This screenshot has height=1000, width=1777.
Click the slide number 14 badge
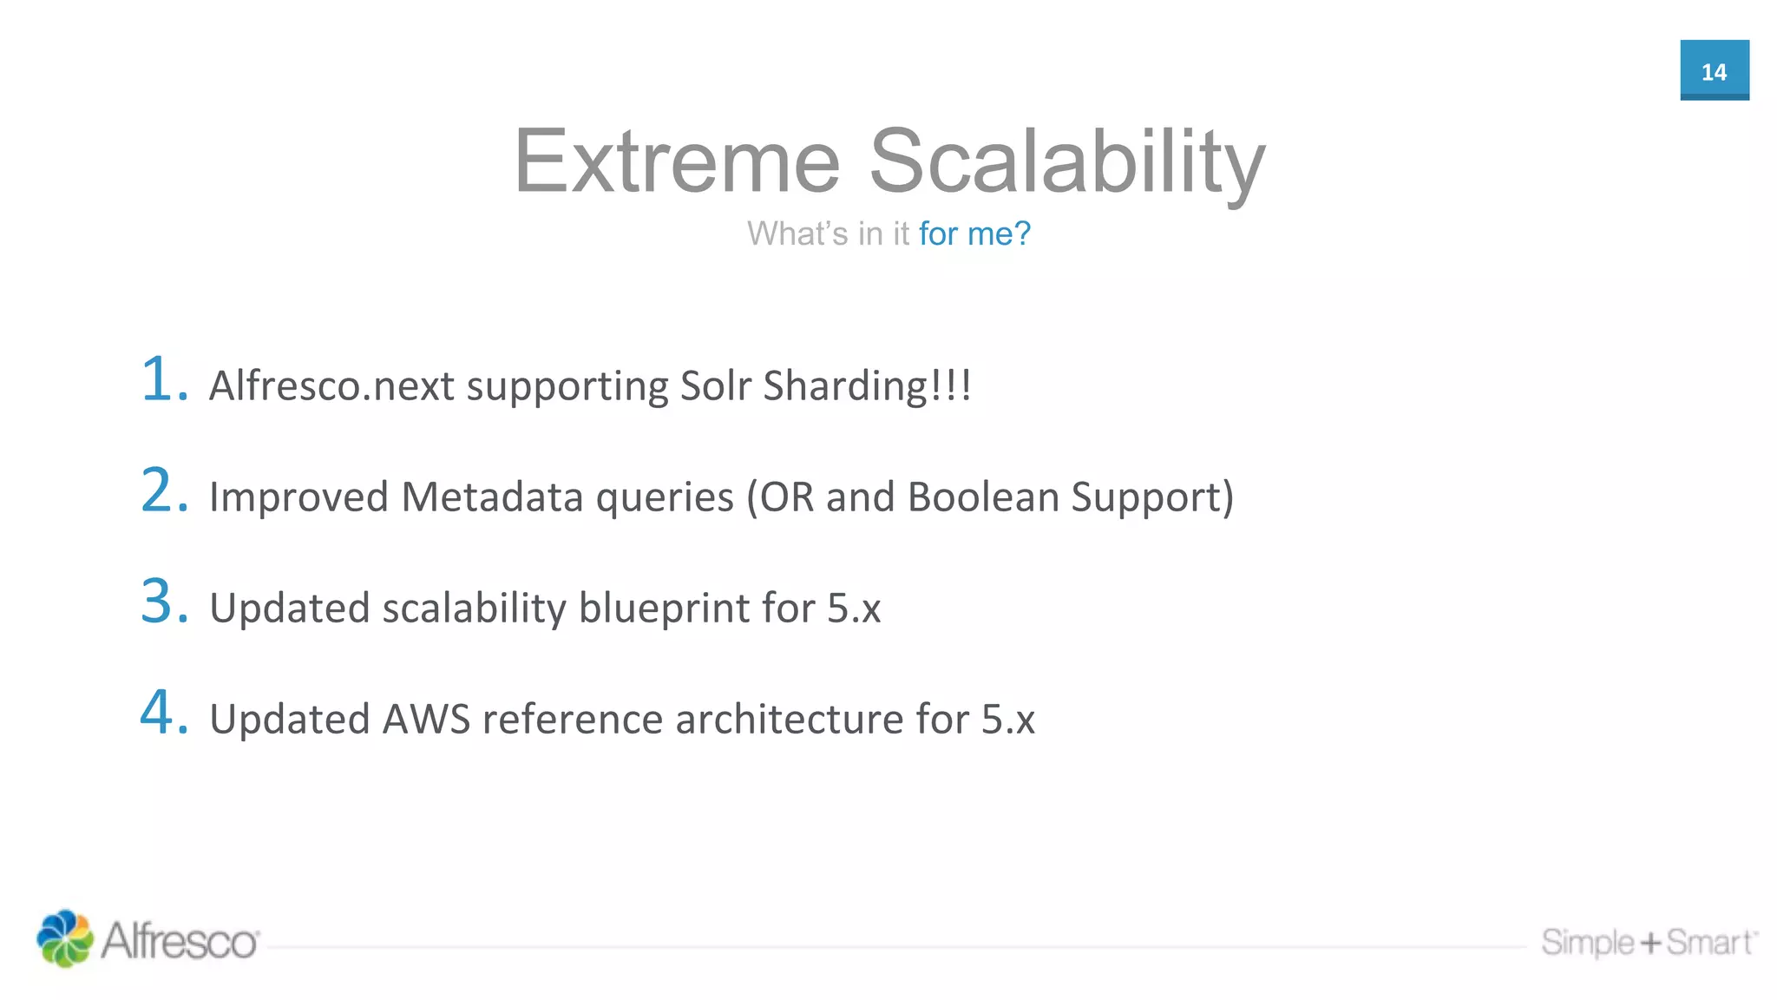(x=1714, y=70)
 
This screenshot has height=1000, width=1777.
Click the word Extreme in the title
(x=677, y=161)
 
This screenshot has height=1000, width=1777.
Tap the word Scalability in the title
(x=1066, y=163)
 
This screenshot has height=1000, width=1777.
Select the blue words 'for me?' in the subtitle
(x=974, y=234)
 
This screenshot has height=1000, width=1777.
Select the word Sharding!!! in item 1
(x=867, y=385)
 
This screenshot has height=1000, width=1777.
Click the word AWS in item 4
(x=426, y=719)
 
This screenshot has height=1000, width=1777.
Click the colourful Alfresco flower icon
(x=64, y=938)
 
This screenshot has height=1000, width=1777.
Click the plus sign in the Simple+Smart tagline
(x=1649, y=943)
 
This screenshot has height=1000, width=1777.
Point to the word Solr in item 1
(x=715, y=385)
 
